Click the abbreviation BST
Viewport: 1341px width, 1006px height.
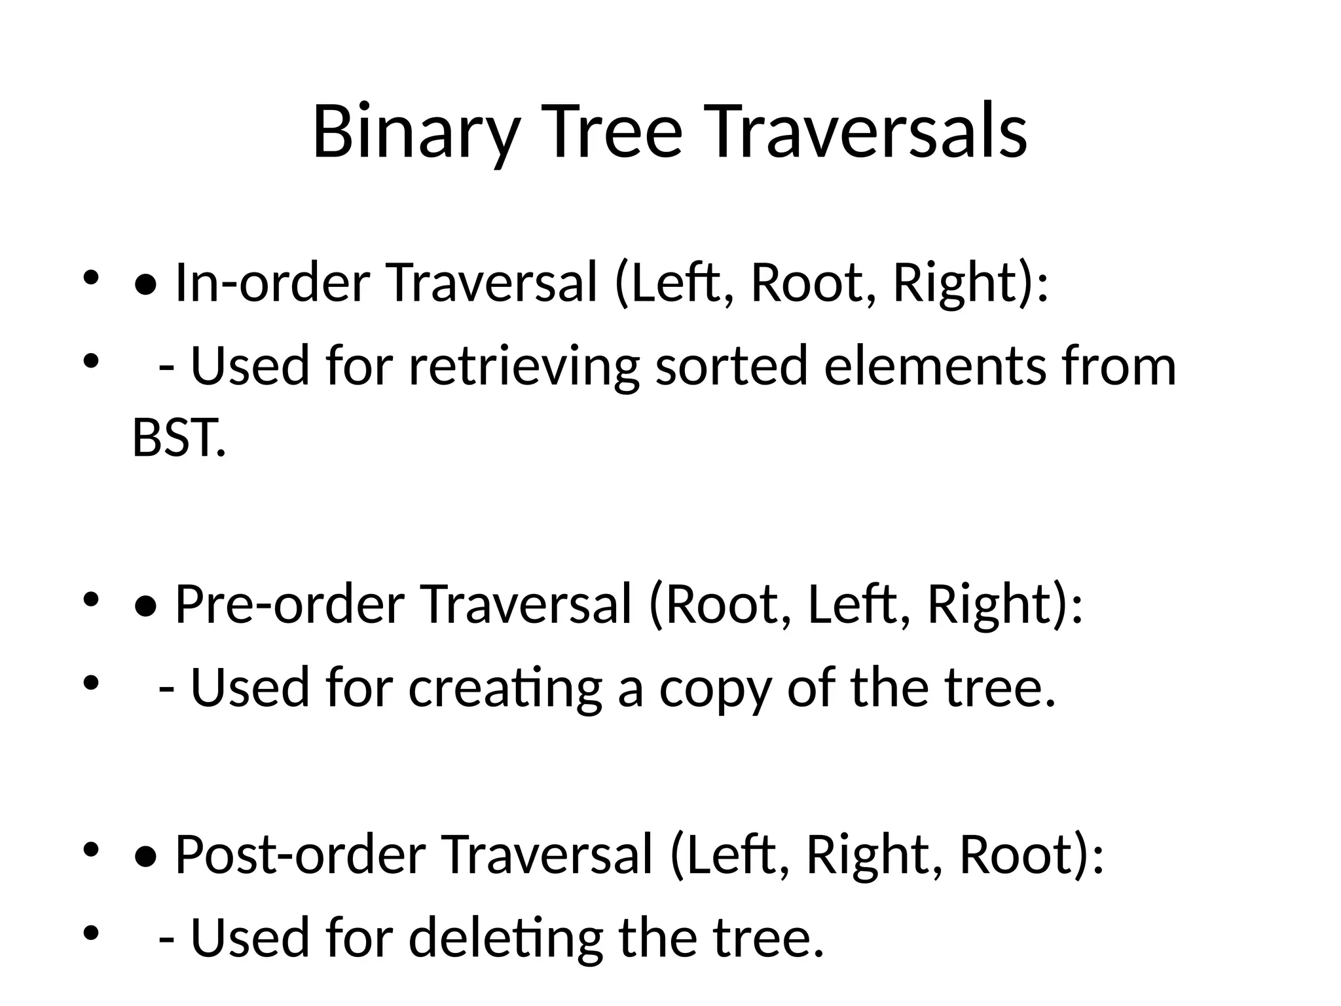(178, 438)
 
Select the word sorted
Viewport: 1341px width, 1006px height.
(731, 366)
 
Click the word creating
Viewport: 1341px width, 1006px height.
(505, 688)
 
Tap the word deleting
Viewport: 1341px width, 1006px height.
(505, 939)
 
